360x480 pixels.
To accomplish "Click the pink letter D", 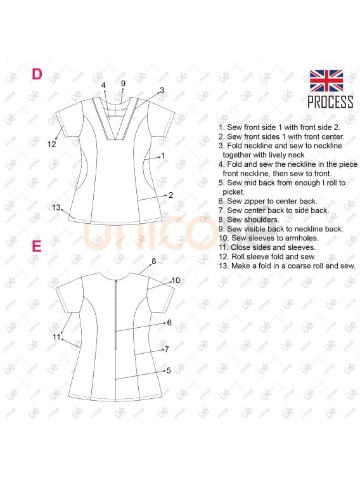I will (x=37, y=74).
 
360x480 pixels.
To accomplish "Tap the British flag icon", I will (x=326, y=81).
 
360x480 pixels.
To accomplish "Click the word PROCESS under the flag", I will (x=330, y=102).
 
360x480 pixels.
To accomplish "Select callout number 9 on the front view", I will (x=123, y=84).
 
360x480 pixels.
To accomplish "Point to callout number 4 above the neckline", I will (x=103, y=85).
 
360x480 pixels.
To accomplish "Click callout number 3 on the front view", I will (x=162, y=90).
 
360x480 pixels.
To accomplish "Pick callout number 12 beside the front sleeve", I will (x=52, y=144).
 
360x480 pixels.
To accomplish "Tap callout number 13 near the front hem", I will (x=56, y=207).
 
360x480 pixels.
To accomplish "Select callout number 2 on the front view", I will (x=171, y=195).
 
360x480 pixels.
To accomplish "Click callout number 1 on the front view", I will (x=163, y=155).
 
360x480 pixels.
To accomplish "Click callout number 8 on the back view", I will (x=153, y=261).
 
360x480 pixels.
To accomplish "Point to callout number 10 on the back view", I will (x=176, y=280).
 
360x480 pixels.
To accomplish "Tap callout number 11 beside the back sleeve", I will (x=57, y=337).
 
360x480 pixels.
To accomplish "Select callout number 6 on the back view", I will (x=169, y=323).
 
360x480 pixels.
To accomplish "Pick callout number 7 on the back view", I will (x=166, y=349).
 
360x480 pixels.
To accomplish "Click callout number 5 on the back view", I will (x=169, y=370).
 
